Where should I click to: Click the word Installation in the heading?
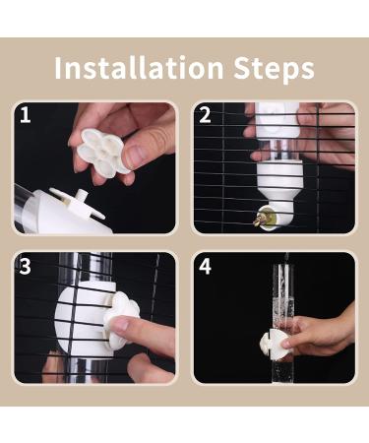click(x=140, y=68)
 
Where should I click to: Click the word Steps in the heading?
click(x=275, y=69)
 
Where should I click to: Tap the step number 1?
click(x=26, y=115)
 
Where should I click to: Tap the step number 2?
click(x=205, y=115)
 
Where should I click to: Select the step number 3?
click(x=25, y=267)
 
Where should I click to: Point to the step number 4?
click(x=205, y=267)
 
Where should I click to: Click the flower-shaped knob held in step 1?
click(x=100, y=151)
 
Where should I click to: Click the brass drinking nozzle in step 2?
click(x=260, y=219)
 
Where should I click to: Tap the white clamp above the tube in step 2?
click(x=277, y=121)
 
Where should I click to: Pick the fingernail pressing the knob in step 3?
click(x=119, y=325)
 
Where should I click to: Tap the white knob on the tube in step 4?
click(x=273, y=343)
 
